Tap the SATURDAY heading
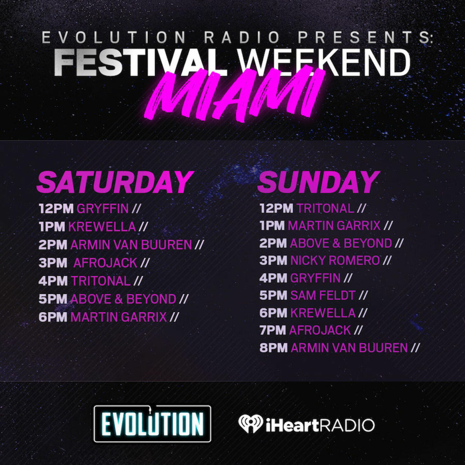click(x=115, y=182)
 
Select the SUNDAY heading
click(x=319, y=182)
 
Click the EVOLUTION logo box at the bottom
click(x=152, y=424)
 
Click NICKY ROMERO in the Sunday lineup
click(x=335, y=260)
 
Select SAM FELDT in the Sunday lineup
click(x=323, y=295)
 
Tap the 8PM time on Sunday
click(x=273, y=348)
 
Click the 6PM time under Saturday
click(x=53, y=317)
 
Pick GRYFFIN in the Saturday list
click(x=103, y=209)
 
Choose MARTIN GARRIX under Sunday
click(x=334, y=226)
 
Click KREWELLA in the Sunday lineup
click(x=323, y=313)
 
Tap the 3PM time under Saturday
click(x=53, y=263)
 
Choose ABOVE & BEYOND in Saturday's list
click(x=123, y=299)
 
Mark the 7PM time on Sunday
click(x=273, y=330)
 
